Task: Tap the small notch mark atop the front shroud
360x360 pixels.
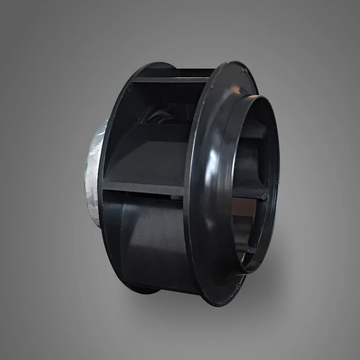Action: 244,71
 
